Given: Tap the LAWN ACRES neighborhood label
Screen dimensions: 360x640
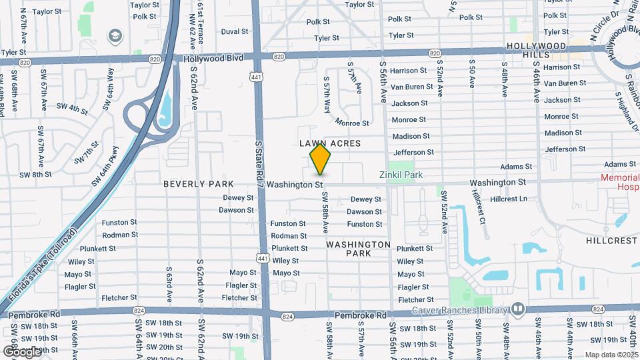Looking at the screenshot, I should click(x=330, y=143).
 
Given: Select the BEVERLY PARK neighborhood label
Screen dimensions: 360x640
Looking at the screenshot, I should click(x=199, y=184).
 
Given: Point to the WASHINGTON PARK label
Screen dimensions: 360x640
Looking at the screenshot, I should click(x=359, y=249).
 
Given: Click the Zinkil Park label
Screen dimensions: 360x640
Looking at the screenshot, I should click(x=401, y=175).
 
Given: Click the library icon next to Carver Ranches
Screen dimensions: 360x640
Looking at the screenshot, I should click(x=517, y=309).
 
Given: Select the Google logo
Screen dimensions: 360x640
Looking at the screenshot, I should click(x=22, y=351).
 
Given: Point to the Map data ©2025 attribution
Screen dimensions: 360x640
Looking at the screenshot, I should click(x=611, y=355).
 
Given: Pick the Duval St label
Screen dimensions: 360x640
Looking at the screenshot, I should click(x=234, y=31).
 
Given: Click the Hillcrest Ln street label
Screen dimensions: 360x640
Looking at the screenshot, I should click(x=508, y=199).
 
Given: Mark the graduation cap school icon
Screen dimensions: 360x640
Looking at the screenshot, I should click(x=115, y=35).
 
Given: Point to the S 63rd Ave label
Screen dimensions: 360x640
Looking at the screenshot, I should click(x=169, y=283).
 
